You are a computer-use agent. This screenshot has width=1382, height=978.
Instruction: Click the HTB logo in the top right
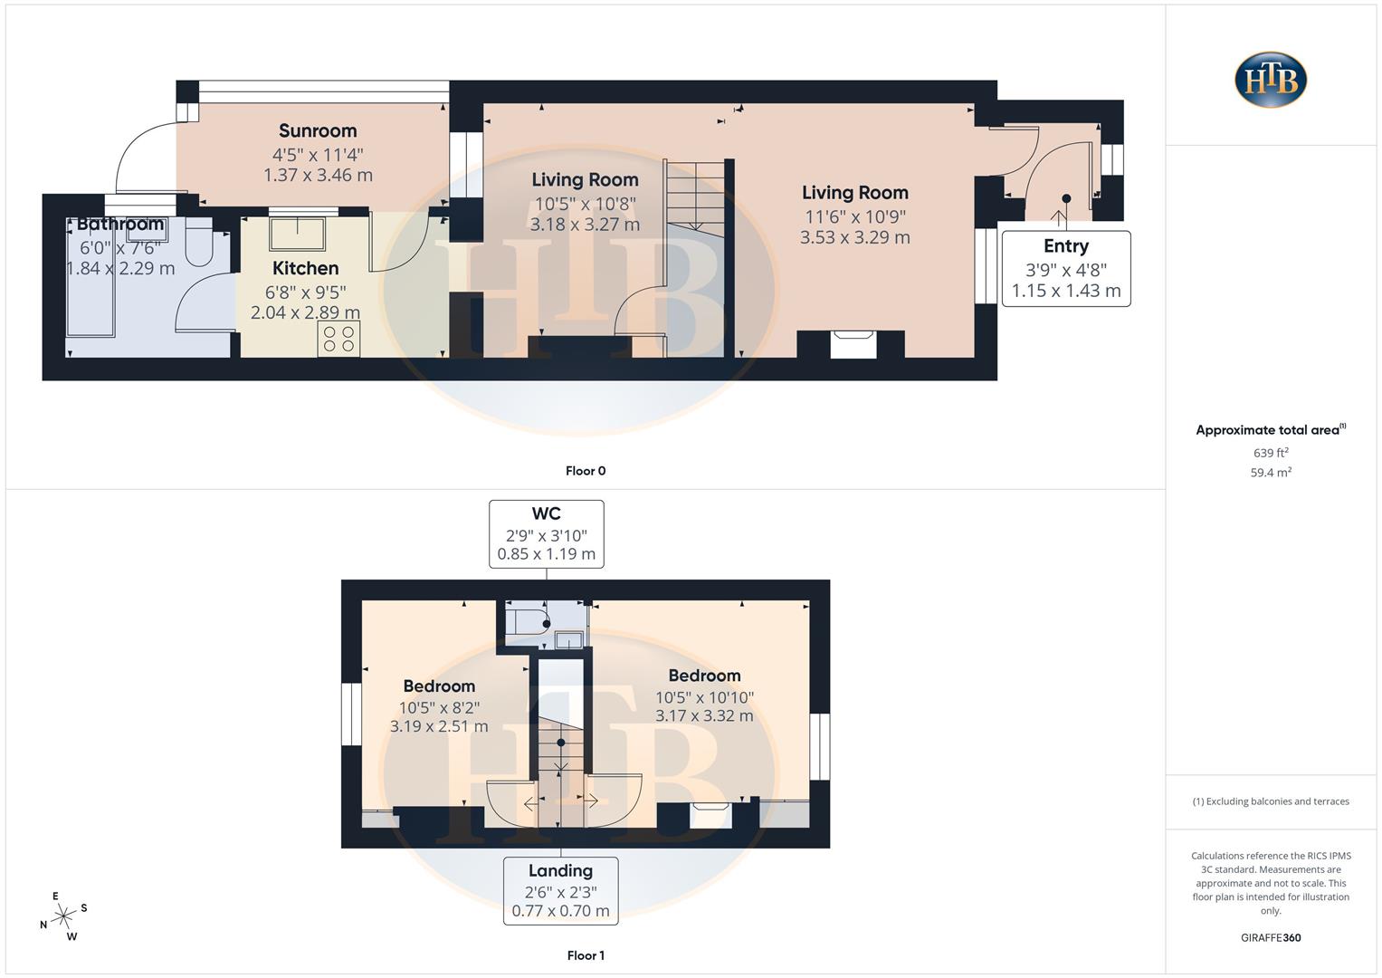coord(1271,80)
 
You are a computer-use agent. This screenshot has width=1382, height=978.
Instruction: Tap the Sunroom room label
coord(318,131)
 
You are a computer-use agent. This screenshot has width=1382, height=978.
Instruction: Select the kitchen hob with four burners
coord(338,339)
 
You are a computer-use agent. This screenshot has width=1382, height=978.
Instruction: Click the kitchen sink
coord(297,234)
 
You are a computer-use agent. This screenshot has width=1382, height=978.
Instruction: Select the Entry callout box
coord(1066,268)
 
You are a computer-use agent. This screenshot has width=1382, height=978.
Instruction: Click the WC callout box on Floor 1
coord(546,533)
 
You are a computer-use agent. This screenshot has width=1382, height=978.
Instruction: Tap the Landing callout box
coord(560,890)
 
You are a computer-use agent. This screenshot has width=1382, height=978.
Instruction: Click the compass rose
coord(63,916)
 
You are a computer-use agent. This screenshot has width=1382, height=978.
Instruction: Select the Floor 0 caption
coord(586,471)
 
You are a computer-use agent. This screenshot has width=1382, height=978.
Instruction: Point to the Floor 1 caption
coord(586,955)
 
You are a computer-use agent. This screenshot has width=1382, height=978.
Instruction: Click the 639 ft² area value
coord(1271,453)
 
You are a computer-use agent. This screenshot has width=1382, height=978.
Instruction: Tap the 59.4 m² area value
coord(1271,473)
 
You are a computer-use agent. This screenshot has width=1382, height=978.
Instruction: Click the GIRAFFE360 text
coord(1271,938)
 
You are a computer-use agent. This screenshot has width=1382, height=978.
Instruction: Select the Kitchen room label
coord(306,269)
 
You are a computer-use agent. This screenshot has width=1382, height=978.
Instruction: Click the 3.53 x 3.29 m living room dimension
coord(854,237)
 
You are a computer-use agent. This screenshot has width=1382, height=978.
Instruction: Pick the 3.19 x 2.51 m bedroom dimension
coord(439,726)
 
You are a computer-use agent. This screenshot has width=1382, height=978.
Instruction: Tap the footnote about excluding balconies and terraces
coord(1271,801)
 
